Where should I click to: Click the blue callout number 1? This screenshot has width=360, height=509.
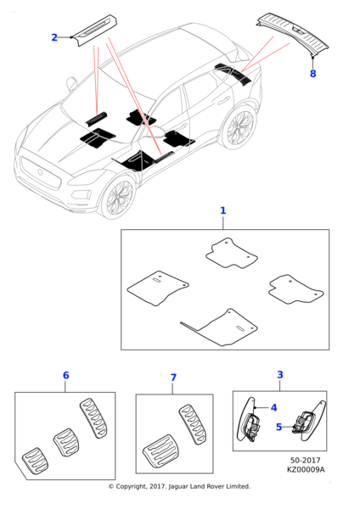tap(223, 210)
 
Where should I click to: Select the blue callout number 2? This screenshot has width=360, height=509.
tap(54, 37)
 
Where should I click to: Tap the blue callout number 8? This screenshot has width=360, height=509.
tap(313, 74)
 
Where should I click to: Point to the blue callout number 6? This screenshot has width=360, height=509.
tap(65, 376)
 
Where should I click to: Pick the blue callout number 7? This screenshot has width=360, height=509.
tap(173, 378)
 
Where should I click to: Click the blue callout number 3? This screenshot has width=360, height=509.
tap(280, 375)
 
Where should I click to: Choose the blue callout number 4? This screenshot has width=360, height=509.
tap(274, 408)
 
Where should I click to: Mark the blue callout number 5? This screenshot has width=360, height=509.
tap(278, 427)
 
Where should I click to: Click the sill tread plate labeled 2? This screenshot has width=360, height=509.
tap(94, 31)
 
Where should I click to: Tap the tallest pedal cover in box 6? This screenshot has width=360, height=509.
tap(93, 419)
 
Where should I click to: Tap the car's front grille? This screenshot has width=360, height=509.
tap(40, 173)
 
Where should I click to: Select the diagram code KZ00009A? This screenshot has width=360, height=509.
tap(306, 469)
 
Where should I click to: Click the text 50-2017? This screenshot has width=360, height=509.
tap(306, 461)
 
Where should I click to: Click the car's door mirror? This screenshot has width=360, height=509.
tap(71, 84)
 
